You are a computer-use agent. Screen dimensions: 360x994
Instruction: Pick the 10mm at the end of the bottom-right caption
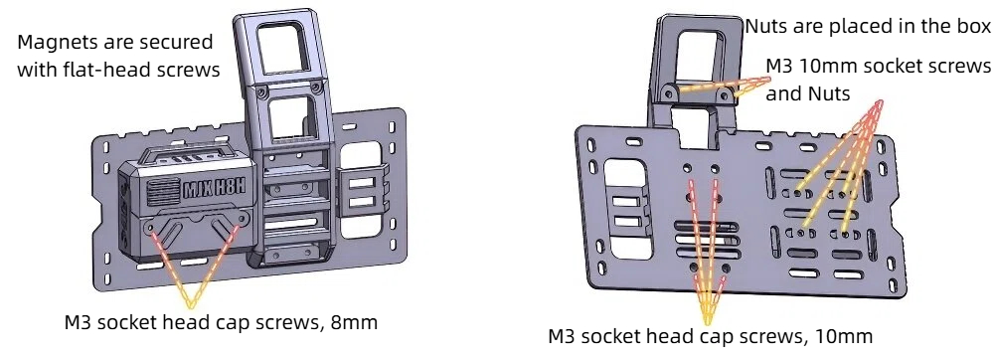pyautogui.click(x=851, y=336)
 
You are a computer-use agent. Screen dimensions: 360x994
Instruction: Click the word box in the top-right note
pyautogui.click(x=972, y=27)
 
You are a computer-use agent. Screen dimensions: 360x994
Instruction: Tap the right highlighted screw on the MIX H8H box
pyautogui.click(x=237, y=227)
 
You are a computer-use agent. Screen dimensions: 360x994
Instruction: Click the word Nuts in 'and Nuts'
pyautogui.click(x=829, y=94)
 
